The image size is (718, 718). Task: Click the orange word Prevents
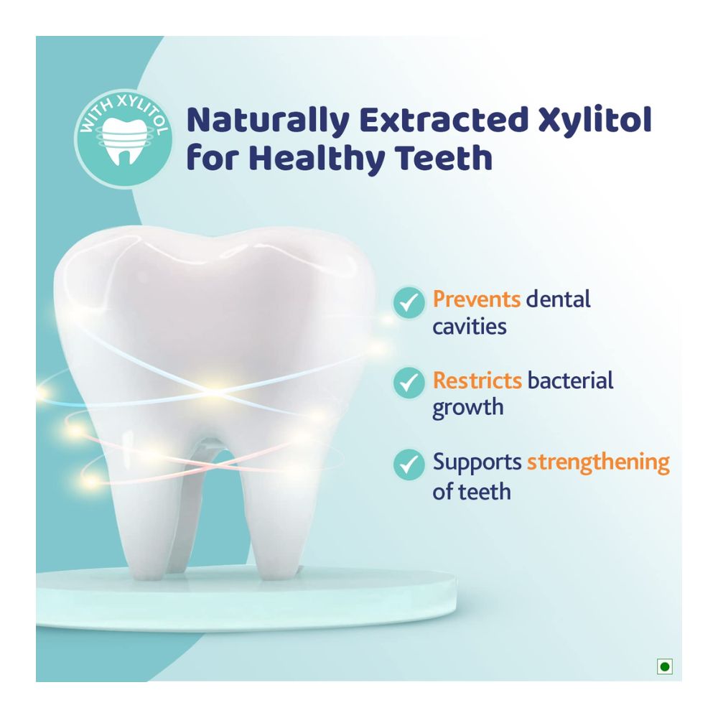[475, 299]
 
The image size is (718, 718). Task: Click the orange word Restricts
[477, 380]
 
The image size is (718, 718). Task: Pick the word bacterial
[571, 380]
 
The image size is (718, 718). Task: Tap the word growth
[467, 409]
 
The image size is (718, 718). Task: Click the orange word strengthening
[598, 462]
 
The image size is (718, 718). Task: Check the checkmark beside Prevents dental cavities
[409, 302]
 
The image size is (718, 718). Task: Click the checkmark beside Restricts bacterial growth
[409, 383]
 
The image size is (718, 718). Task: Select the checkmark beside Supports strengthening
[409, 465]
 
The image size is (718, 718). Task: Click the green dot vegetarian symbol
[664, 667]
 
